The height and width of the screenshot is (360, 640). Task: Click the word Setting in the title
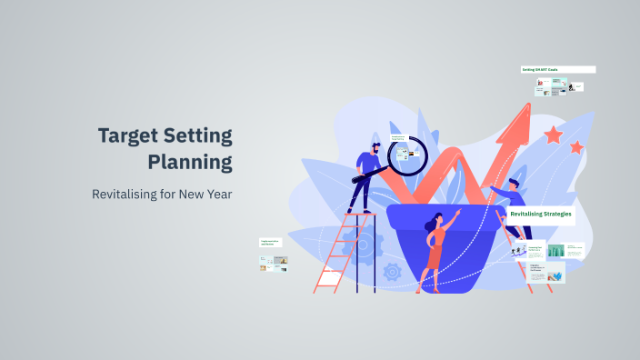(x=201, y=136)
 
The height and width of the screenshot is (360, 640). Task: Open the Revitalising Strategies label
(x=541, y=214)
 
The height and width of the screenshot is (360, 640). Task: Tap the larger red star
(x=553, y=135)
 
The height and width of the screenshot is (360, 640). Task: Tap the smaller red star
(x=575, y=146)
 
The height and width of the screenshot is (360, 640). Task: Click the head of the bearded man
(x=375, y=147)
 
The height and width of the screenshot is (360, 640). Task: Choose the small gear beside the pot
(x=393, y=270)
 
